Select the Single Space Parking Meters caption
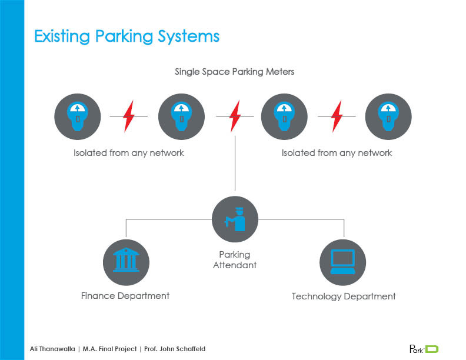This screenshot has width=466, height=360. (234, 72)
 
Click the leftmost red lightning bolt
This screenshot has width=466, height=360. (129, 116)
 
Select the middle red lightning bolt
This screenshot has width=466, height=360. (235, 116)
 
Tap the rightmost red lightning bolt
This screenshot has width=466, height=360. (337, 116)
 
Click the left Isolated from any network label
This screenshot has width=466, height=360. (129, 153)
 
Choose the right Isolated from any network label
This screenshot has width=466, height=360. (337, 153)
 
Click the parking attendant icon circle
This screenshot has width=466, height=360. (235, 219)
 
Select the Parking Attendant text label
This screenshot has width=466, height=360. (235, 260)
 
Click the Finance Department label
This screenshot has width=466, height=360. (125, 295)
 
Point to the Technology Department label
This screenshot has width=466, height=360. (344, 296)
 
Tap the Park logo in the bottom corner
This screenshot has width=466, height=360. (424, 348)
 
